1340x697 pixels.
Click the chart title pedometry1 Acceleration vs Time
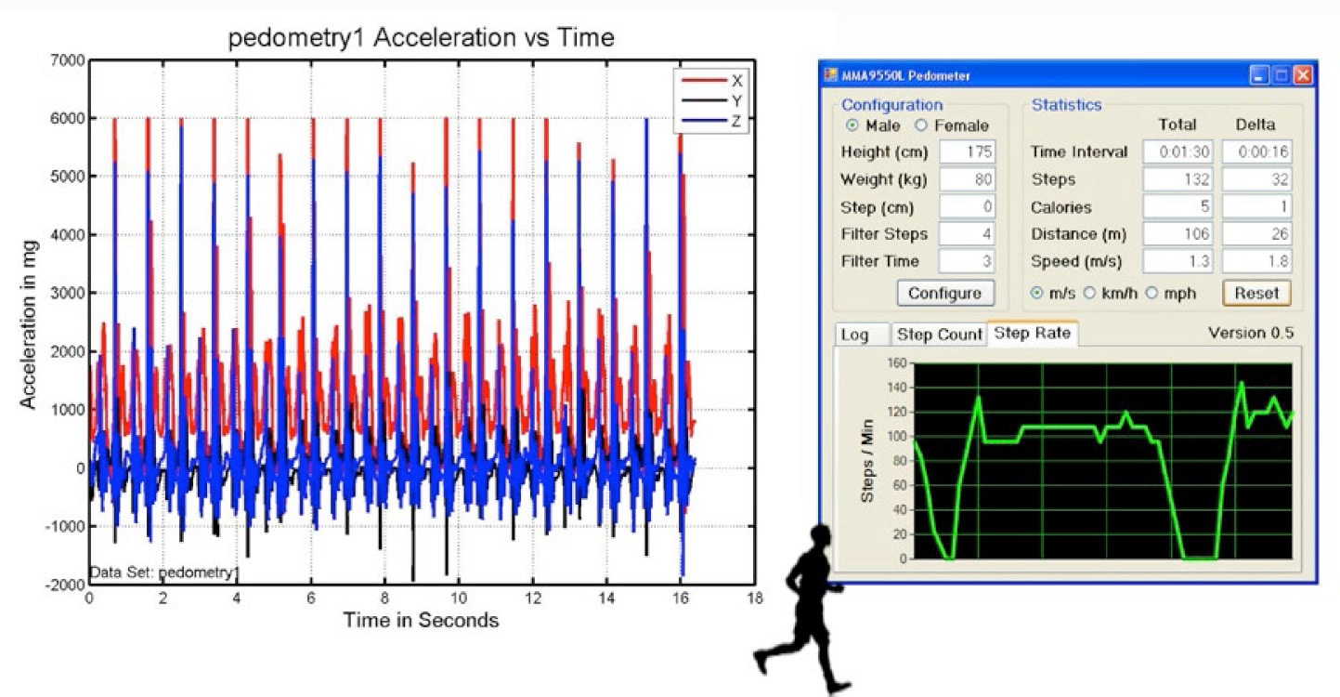pos(422,38)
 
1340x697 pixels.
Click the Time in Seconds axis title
pos(421,621)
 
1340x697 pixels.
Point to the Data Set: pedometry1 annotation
pos(163,572)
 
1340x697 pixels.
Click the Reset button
pos(1256,293)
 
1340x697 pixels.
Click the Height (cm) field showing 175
pos(967,152)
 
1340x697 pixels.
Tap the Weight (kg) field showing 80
pos(967,179)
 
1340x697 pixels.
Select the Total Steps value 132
pos(1177,179)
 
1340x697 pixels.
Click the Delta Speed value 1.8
pos(1256,262)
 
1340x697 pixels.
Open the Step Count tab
pos(939,335)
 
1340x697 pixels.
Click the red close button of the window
pos(1303,76)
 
